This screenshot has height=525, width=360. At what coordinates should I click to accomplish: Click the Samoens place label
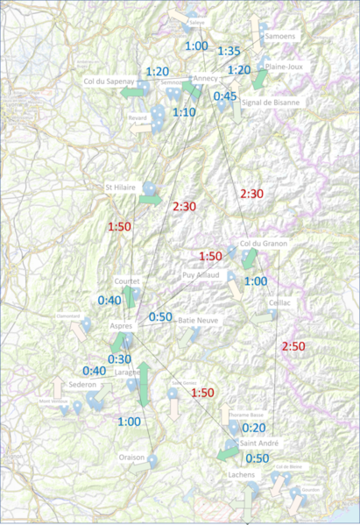click(x=279, y=36)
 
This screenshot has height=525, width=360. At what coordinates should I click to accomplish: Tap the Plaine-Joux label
click(x=283, y=66)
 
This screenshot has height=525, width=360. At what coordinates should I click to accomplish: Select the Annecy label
click(x=205, y=79)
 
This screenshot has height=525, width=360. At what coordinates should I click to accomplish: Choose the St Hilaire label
click(x=120, y=187)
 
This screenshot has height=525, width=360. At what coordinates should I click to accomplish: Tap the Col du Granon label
click(x=263, y=243)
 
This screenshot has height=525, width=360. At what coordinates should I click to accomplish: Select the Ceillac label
click(x=279, y=302)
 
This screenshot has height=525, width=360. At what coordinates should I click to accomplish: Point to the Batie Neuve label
click(x=198, y=321)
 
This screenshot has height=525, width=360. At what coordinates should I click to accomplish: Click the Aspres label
click(x=121, y=326)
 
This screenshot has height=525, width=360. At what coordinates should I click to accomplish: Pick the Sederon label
click(x=82, y=384)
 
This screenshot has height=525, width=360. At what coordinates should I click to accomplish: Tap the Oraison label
click(x=132, y=458)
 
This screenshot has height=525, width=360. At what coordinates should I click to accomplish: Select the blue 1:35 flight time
click(x=229, y=51)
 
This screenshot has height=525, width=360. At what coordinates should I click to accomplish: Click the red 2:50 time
click(x=293, y=347)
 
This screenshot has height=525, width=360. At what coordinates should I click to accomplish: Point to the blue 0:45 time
click(x=225, y=96)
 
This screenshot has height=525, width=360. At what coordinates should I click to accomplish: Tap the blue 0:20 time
click(x=253, y=428)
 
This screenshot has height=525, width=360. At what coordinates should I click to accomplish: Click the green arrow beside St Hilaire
click(x=151, y=200)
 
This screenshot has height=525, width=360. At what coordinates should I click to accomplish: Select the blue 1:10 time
click(x=184, y=112)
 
